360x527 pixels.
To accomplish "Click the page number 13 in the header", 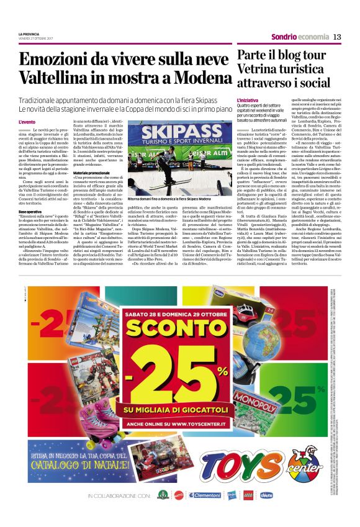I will click(x=337, y=37).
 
